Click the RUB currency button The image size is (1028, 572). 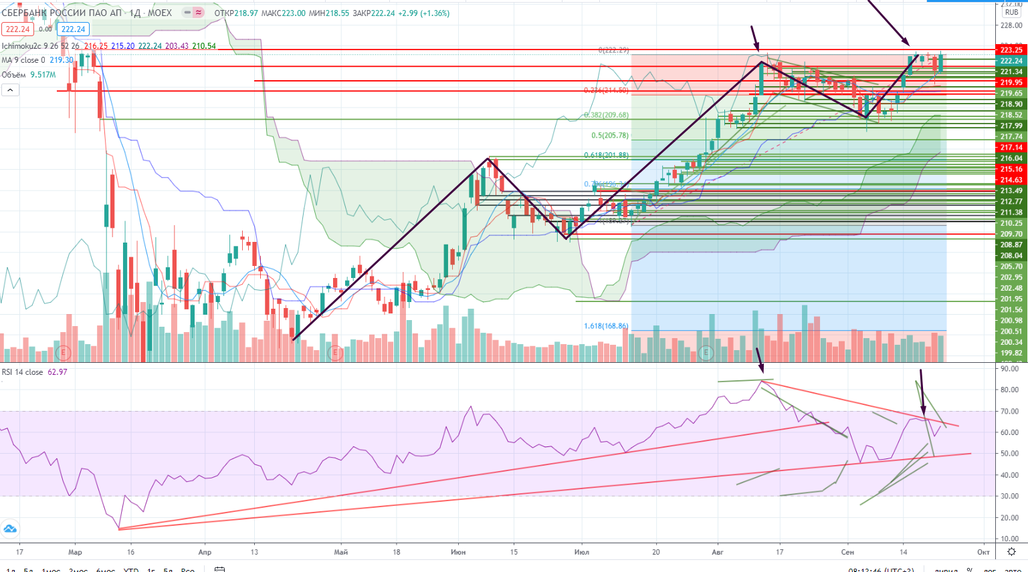point(1011,12)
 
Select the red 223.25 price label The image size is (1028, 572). point(1011,50)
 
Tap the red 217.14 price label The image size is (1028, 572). point(1011,148)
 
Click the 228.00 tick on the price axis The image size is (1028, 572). point(1011,25)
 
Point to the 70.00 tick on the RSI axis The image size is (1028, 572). point(1010,412)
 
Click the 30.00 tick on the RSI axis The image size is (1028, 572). point(1010,496)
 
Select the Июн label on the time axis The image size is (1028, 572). point(458,552)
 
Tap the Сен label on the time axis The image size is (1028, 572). point(847,552)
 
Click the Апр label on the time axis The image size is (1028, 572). point(205,552)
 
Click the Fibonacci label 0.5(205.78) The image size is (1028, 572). point(609,136)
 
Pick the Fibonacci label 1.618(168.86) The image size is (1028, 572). point(606,326)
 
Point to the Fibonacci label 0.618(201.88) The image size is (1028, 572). point(606,156)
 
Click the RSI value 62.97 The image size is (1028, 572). point(58,372)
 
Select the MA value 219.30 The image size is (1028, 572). point(62,60)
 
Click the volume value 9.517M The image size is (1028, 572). point(43,75)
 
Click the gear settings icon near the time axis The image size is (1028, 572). point(1011,552)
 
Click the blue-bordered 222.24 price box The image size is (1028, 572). point(73,29)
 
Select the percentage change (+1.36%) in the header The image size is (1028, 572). point(435,13)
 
